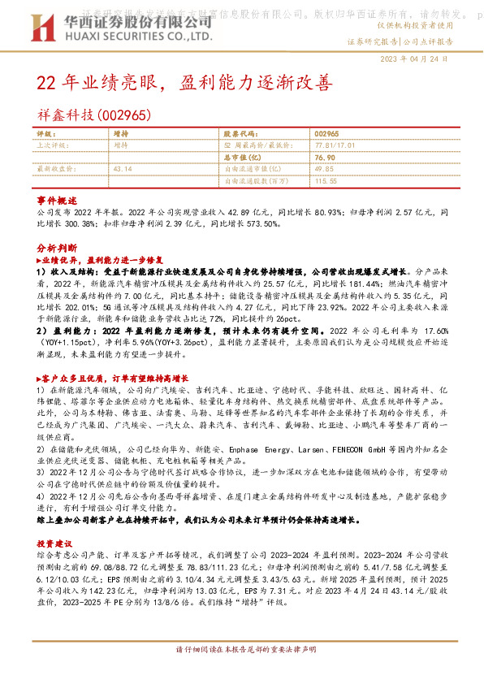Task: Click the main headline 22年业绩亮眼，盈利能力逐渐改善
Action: [x=184, y=84]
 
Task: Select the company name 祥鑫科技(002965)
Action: [x=95, y=116]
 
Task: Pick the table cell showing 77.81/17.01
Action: [x=335, y=145]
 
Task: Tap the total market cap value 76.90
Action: [x=324, y=157]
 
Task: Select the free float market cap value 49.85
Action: [x=324, y=168]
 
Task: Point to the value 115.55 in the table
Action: [x=326, y=180]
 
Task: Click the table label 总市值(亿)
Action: [x=240, y=157]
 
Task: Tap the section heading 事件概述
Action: [x=57, y=200]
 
